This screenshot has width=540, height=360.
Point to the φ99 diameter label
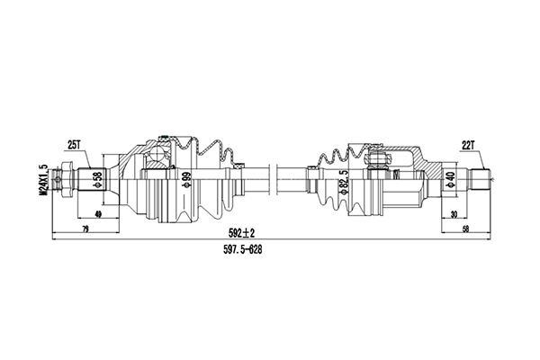pyautogui.click(x=185, y=181)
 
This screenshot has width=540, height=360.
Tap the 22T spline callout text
pyautogui.click(x=468, y=144)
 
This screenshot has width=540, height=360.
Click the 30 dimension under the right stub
pyautogui.click(x=455, y=215)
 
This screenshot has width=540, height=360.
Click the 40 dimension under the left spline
pyautogui.click(x=96, y=215)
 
